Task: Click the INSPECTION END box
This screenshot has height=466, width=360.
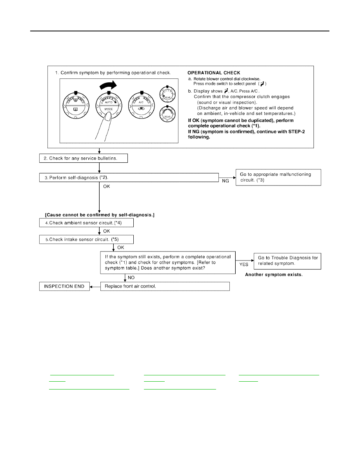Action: click(64, 286)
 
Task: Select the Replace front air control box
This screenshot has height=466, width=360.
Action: click(165, 286)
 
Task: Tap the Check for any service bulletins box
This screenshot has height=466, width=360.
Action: click(84, 158)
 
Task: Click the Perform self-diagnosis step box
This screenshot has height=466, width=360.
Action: click(129, 177)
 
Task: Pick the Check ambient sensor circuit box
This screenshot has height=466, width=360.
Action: click(86, 222)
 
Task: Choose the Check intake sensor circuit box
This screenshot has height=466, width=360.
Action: click(86, 239)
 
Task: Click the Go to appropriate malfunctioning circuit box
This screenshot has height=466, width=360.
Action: click(278, 177)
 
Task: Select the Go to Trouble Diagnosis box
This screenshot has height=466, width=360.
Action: click(287, 261)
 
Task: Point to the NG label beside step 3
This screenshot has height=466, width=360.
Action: click(225, 181)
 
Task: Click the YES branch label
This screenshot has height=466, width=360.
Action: click(244, 264)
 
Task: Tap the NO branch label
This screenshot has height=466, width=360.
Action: click(131, 278)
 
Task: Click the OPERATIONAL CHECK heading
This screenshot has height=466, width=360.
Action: click(214, 73)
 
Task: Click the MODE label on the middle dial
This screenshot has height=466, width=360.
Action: click(109, 109)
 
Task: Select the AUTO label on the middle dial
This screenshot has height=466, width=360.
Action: click(109, 102)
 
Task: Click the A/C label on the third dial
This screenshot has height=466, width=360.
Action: click(141, 102)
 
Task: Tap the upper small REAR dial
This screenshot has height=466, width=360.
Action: click(167, 94)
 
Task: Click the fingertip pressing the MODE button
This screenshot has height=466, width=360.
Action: click(108, 116)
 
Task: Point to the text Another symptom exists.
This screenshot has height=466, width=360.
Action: click(274, 275)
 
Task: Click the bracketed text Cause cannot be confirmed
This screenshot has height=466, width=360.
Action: click(100, 215)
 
